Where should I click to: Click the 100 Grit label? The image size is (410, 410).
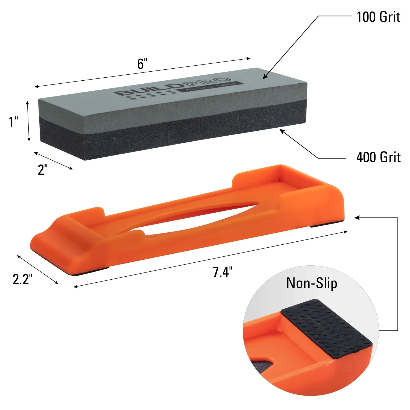point(378,17)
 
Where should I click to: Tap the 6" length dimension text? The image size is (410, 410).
point(142,64)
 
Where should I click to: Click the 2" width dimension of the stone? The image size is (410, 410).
point(43,170)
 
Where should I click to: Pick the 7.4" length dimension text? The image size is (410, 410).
point(222,272)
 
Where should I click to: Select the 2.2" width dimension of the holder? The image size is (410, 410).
point(22,279)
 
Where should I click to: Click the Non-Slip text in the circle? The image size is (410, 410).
point(312,283)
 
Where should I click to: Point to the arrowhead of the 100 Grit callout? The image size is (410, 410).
point(264,78)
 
